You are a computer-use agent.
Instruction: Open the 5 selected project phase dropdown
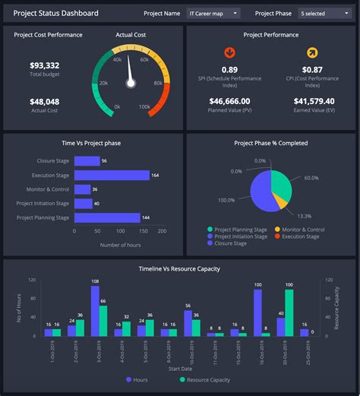[324, 13]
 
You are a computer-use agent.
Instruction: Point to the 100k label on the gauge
[144, 107]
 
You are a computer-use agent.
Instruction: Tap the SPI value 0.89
[229, 70]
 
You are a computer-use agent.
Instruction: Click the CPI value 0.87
[312, 70]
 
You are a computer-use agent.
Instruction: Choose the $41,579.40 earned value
[314, 101]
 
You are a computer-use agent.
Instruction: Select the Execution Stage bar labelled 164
[112, 175]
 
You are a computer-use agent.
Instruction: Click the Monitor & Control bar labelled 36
[82, 189]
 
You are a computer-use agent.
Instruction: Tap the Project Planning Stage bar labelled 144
[107, 217]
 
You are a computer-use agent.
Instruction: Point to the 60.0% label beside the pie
[311, 178]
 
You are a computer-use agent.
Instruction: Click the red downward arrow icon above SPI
[229, 52]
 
